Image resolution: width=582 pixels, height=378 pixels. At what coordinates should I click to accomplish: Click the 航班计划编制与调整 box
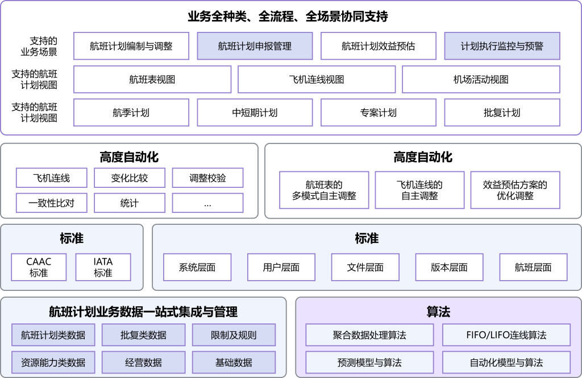(131, 46)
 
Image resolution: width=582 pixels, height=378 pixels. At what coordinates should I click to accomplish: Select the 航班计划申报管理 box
(255, 46)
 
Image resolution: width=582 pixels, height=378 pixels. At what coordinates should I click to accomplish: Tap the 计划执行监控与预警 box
(502, 46)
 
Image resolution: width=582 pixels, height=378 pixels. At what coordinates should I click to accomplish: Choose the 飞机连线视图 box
(317, 79)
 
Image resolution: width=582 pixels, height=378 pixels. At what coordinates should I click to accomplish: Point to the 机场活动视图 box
(481, 79)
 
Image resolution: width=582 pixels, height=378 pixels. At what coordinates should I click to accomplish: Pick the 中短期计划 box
(255, 112)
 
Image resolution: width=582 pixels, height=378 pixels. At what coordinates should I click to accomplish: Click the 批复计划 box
(502, 112)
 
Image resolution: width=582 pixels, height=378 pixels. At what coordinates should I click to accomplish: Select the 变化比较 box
(130, 178)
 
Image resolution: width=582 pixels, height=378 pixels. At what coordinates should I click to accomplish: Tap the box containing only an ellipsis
(207, 203)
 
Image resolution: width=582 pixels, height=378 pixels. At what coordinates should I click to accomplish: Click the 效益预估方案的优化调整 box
(515, 190)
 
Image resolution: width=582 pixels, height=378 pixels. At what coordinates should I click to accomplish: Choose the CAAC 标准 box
(39, 267)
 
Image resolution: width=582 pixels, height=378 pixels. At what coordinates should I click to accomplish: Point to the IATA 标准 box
(103, 267)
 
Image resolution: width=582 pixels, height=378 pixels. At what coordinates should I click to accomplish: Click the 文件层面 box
(365, 267)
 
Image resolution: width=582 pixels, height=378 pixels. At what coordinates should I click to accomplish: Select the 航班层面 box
(533, 267)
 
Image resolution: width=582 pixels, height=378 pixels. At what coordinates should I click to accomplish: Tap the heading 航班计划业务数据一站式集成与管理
(143, 311)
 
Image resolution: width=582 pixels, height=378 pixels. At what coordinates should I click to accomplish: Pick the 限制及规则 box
(234, 335)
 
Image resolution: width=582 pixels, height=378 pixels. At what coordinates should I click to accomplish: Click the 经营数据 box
(143, 362)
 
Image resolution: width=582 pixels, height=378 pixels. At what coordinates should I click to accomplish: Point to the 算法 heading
(438, 311)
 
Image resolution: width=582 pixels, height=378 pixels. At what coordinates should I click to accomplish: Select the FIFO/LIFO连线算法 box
(506, 335)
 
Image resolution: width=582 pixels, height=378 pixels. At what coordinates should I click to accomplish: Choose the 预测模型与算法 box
(369, 362)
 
